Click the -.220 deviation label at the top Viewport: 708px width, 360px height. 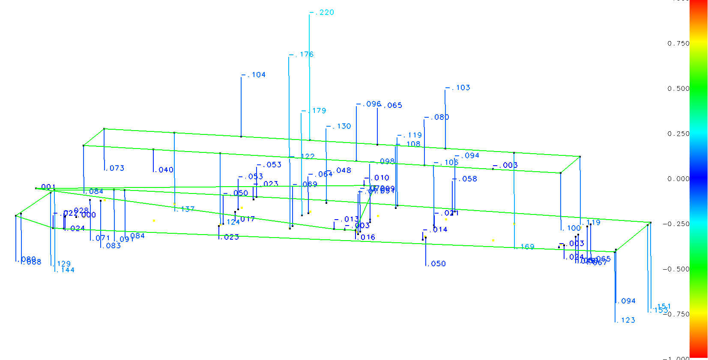point(322,12)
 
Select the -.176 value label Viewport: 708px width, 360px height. point(302,54)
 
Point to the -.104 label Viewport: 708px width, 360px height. point(254,75)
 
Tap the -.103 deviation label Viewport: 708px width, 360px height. point(458,88)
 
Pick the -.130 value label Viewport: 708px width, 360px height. point(339,126)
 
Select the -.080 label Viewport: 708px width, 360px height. point(437,117)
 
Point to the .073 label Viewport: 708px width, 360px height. point(115,168)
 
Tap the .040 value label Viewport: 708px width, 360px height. point(164,170)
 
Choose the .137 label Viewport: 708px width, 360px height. point(186,209)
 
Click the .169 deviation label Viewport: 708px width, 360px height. point(526,247)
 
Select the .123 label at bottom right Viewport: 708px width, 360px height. point(626,320)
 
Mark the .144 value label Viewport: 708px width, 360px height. point(66,270)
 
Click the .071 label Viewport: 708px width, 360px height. point(101,238)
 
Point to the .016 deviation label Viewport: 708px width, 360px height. point(366,238)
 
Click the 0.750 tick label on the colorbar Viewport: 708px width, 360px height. point(678,43)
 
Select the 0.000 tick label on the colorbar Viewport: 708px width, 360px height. point(678,179)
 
